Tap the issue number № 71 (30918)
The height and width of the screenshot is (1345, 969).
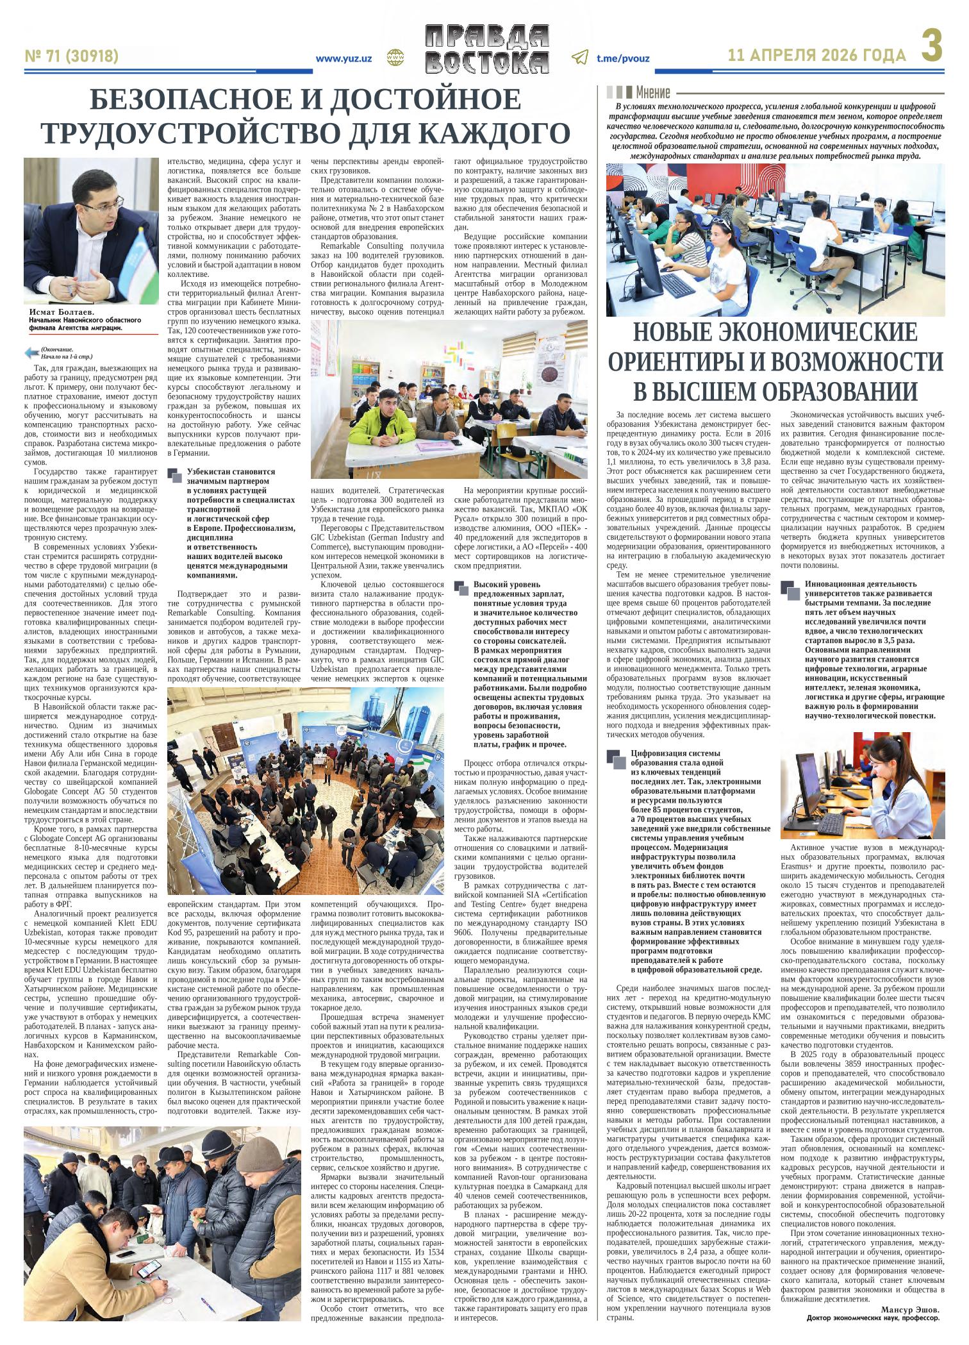[71, 56]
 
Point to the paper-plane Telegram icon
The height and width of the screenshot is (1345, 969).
[579, 58]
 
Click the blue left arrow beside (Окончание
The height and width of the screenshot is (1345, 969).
[31, 352]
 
